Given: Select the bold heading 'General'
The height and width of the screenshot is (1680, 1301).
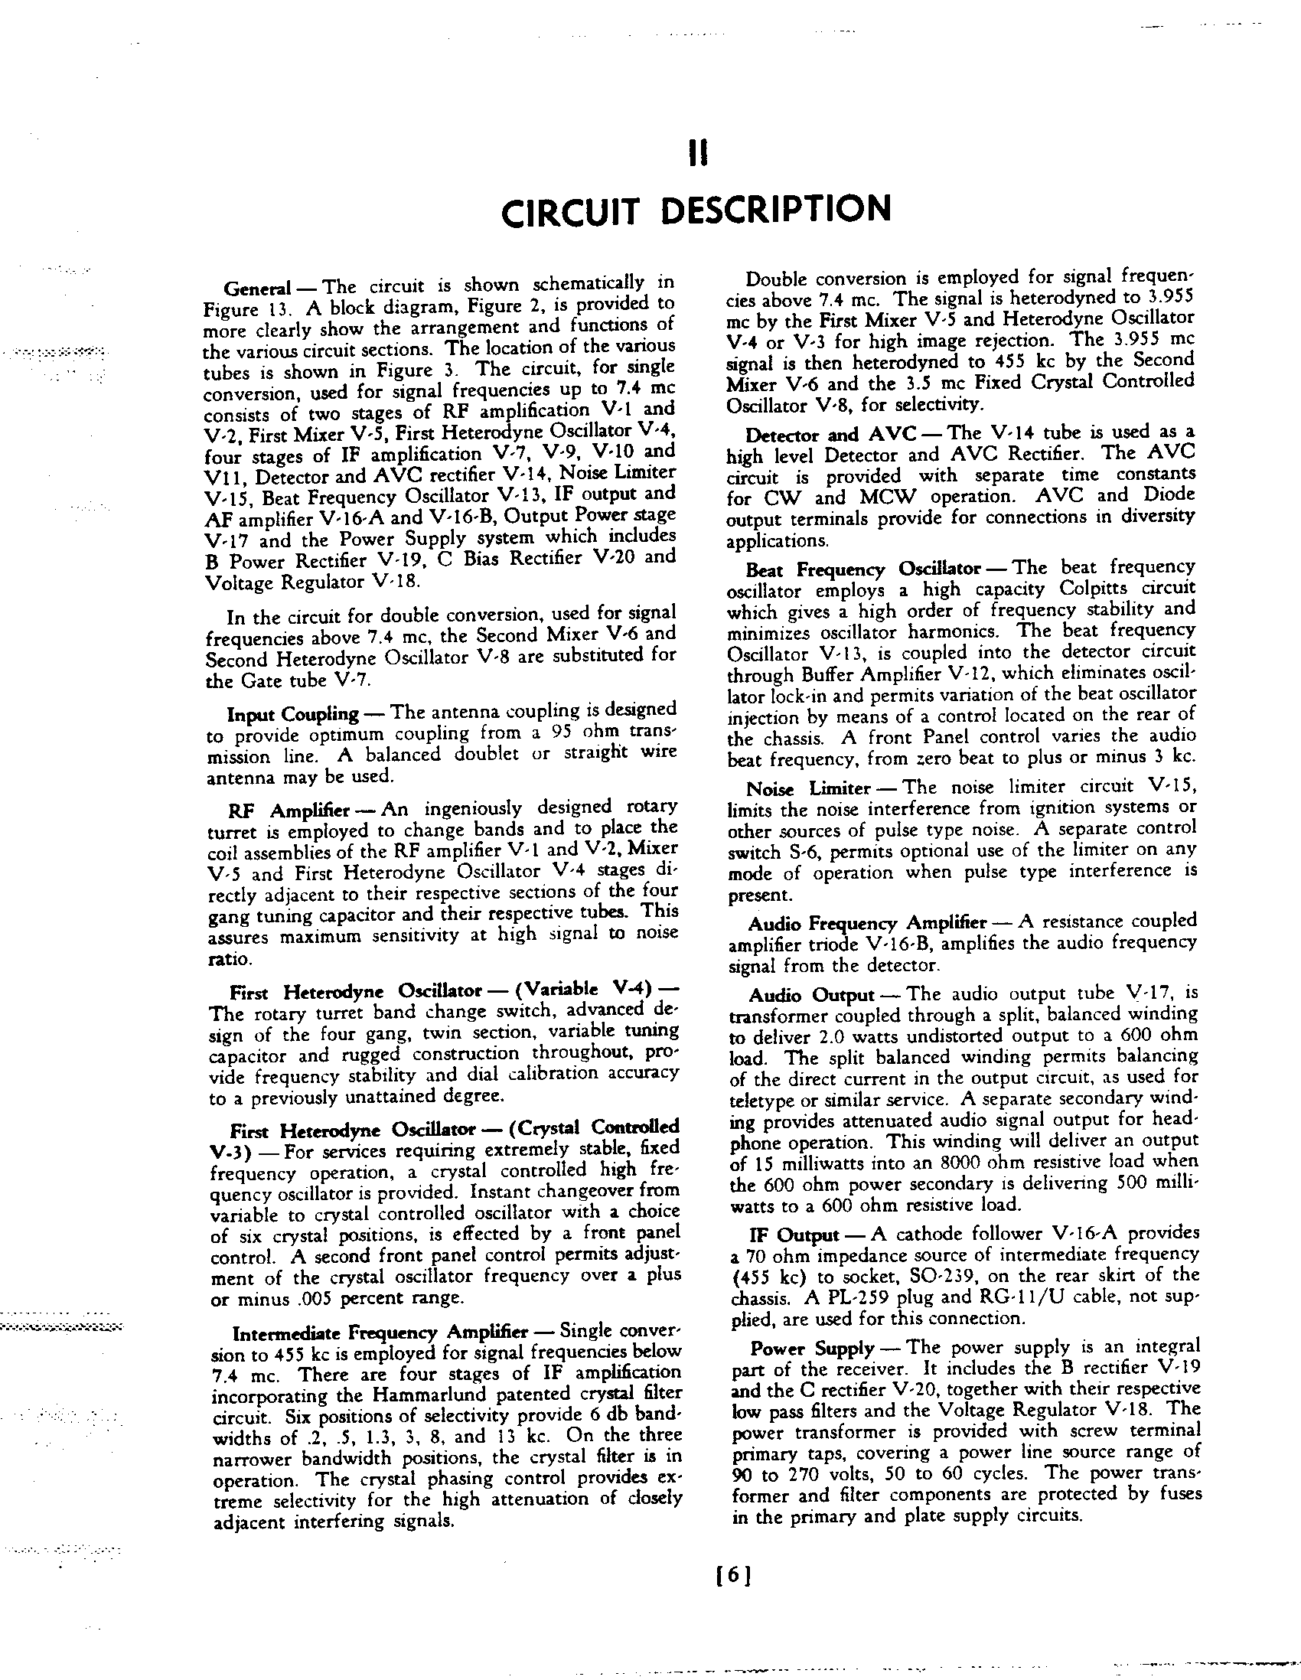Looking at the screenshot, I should (x=257, y=289).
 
